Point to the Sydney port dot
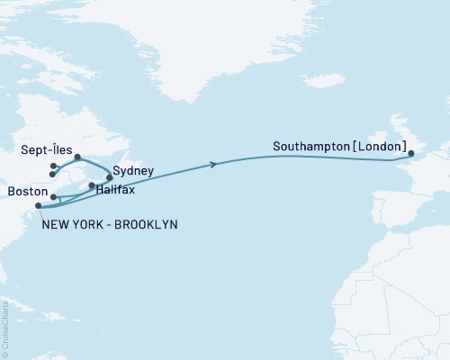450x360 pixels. (110, 177)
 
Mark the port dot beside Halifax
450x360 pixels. (92, 185)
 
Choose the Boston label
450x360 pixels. (25, 192)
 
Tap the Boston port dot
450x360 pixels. (54, 196)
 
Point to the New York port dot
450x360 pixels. (38, 206)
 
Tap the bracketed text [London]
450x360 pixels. (380, 145)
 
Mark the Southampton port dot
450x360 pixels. (412, 155)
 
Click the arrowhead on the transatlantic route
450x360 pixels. (213, 164)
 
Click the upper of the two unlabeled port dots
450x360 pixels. (54, 166)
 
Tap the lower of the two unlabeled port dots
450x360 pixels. (53, 175)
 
